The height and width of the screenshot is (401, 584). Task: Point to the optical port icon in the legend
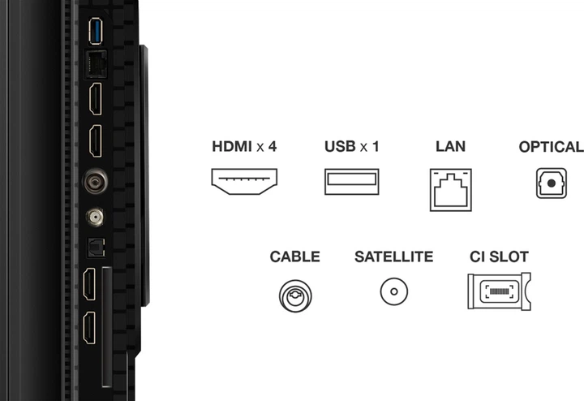[552, 183]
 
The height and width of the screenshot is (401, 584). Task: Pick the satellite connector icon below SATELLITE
[393, 290]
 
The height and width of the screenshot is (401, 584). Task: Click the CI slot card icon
[498, 291]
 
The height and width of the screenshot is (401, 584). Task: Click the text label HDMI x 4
[244, 147]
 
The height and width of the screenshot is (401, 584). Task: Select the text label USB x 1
[351, 147]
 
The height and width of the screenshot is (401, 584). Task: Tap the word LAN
[451, 147]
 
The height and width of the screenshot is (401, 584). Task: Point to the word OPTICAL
[552, 147]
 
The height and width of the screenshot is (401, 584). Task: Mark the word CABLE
[295, 257]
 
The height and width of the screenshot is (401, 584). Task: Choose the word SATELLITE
[393, 257]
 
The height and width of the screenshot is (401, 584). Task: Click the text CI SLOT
[499, 257]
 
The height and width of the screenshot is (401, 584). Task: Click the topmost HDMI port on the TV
[94, 98]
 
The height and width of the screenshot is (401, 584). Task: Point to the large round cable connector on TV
[94, 180]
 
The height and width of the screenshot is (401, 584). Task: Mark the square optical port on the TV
[93, 246]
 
